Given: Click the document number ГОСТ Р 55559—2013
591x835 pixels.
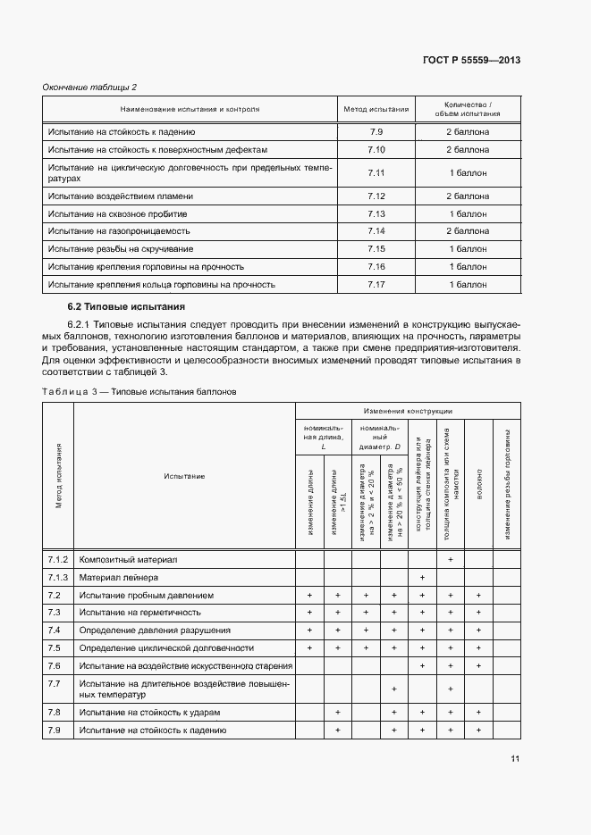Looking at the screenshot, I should pos(471,59).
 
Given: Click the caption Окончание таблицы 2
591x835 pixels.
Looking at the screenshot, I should pos(90,87).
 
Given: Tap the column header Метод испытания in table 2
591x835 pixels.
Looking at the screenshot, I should pos(376,110).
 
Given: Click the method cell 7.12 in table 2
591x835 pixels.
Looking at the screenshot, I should pos(376,196).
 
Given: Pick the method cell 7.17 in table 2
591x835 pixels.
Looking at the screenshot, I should pos(376,285).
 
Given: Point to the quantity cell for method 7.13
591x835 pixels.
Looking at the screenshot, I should pos(468,214).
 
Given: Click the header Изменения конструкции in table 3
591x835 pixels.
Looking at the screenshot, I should pos(408,411).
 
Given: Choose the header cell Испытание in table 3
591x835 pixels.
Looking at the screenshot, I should pos(184,476).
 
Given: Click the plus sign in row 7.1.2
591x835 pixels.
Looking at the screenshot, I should pos(450,559).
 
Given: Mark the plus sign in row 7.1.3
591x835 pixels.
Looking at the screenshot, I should pos(421,577).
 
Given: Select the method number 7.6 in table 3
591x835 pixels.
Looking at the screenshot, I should pos(54,666).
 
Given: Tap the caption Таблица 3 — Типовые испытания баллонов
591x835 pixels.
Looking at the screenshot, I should pos(139,391).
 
